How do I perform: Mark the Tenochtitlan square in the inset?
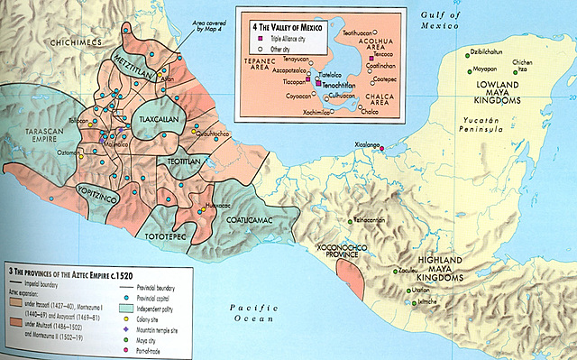coord(317,82)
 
